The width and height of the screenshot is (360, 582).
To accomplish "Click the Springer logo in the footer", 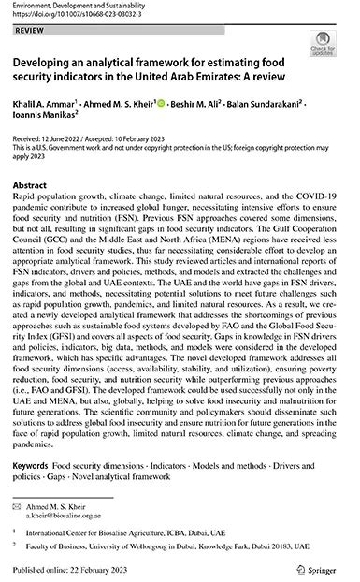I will tap(318, 566).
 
